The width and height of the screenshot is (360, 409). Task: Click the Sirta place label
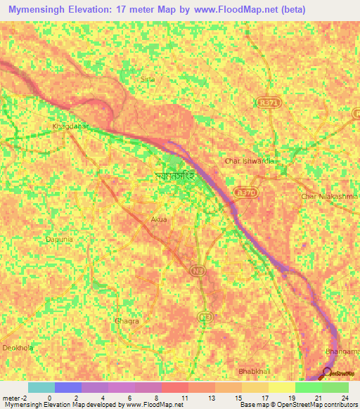tap(147, 80)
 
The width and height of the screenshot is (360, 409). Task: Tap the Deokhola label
tap(18, 348)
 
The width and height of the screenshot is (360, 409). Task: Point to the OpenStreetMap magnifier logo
tap(328, 374)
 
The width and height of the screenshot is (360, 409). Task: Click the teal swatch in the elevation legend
tap(41, 387)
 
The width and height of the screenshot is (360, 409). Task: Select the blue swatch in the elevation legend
tap(67, 387)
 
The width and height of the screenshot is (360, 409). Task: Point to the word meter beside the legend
tap(12, 398)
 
